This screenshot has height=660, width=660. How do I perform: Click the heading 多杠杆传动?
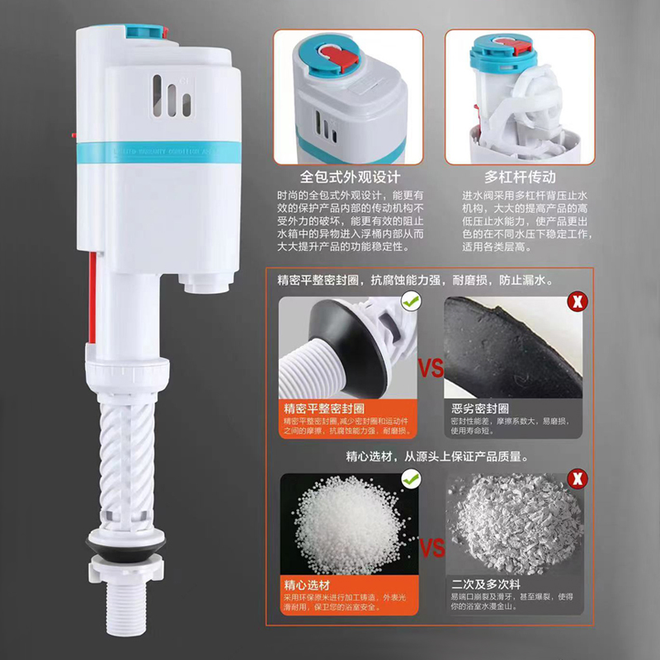click(x=520, y=177)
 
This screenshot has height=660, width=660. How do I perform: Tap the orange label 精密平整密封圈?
click(x=324, y=408)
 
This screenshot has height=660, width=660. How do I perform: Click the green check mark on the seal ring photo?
click(x=408, y=303)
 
